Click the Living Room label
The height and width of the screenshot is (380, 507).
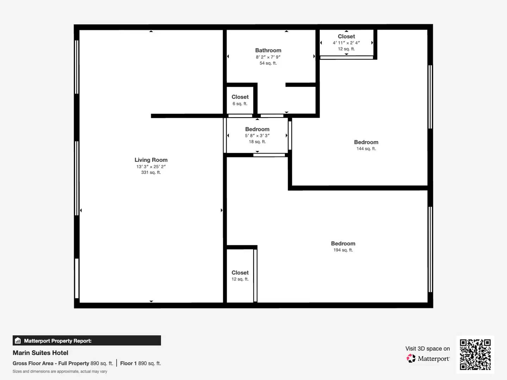coord(151,160)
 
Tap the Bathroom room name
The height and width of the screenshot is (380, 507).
coord(268,50)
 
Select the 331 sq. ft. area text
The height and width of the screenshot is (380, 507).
coord(151,172)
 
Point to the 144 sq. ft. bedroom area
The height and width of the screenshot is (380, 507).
coord(366,149)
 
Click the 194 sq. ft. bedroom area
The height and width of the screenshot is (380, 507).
coord(343,250)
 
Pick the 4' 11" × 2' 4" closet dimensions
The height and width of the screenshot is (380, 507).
coord(346,43)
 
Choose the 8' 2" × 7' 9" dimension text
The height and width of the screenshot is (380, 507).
coord(268,57)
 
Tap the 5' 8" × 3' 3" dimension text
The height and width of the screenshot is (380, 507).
coord(257,135)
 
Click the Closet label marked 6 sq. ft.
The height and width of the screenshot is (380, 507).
coord(240,97)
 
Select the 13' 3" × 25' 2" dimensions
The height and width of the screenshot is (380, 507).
coord(151,166)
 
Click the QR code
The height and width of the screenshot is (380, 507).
coord(475,354)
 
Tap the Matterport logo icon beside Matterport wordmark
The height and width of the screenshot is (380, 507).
coord(411,359)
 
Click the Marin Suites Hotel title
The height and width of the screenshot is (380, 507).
coord(40,353)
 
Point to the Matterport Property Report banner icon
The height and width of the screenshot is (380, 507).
coord(18,341)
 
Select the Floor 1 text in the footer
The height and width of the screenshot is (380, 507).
coord(128,363)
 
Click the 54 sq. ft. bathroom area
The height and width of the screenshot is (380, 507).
coord(268,63)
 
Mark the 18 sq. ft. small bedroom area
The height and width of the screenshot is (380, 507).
coord(257,142)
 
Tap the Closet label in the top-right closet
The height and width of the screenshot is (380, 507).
coord(346,36)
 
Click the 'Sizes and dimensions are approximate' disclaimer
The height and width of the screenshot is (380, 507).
coord(60,372)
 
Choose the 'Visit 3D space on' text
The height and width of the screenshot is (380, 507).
coord(427,348)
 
